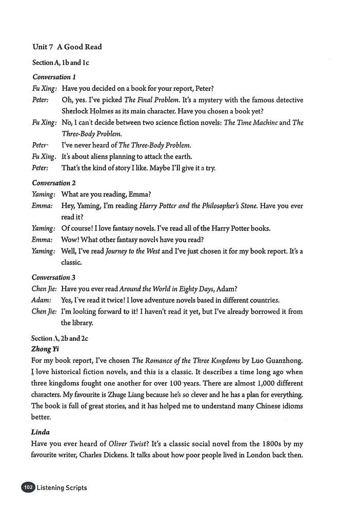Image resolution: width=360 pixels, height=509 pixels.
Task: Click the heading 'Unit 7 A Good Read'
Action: click(67, 47)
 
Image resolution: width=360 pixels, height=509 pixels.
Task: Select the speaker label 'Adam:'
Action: click(42, 300)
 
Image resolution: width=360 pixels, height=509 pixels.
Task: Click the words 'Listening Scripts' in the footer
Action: click(62, 487)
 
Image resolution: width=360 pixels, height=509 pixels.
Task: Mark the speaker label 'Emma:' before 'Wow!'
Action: click(42, 240)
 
